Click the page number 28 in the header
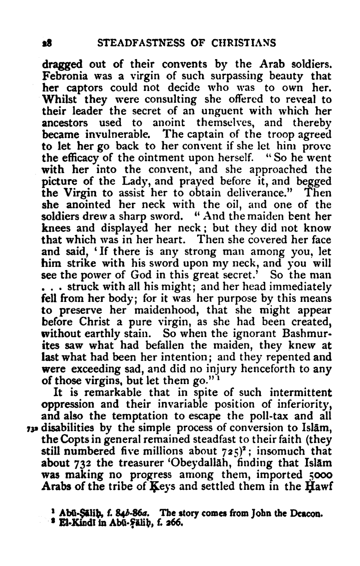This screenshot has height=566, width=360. coord(46,43)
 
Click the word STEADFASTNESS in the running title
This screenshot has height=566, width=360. coord(139,43)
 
